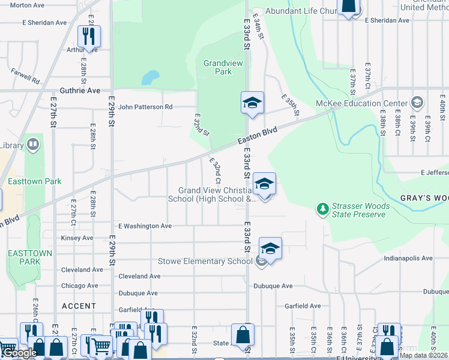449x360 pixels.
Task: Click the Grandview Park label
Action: pyautogui.click(x=217, y=67)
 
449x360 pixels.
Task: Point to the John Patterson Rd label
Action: pyautogui.click(x=145, y=107)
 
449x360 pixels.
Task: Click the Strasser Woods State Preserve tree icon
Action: pyautogui.click(x=323, y=209)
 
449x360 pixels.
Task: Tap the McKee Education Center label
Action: pyautogui.click(x=369, y=103)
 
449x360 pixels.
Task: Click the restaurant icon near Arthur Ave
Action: pyautogui.click(x=89, y=37)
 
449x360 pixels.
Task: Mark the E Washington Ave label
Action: pyautogui.click(x=145, y=226)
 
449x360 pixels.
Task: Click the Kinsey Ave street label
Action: pyautogui.click(x=77, y=238)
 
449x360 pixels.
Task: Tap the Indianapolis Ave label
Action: pyautogui.click(x=408, y=259)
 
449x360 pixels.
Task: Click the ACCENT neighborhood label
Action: pyautogui.click(x=79, y=306)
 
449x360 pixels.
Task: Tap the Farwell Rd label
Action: pyautogui.click(x=25, y=76)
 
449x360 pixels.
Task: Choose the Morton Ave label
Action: pyautogui.click(x=28, y=5)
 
